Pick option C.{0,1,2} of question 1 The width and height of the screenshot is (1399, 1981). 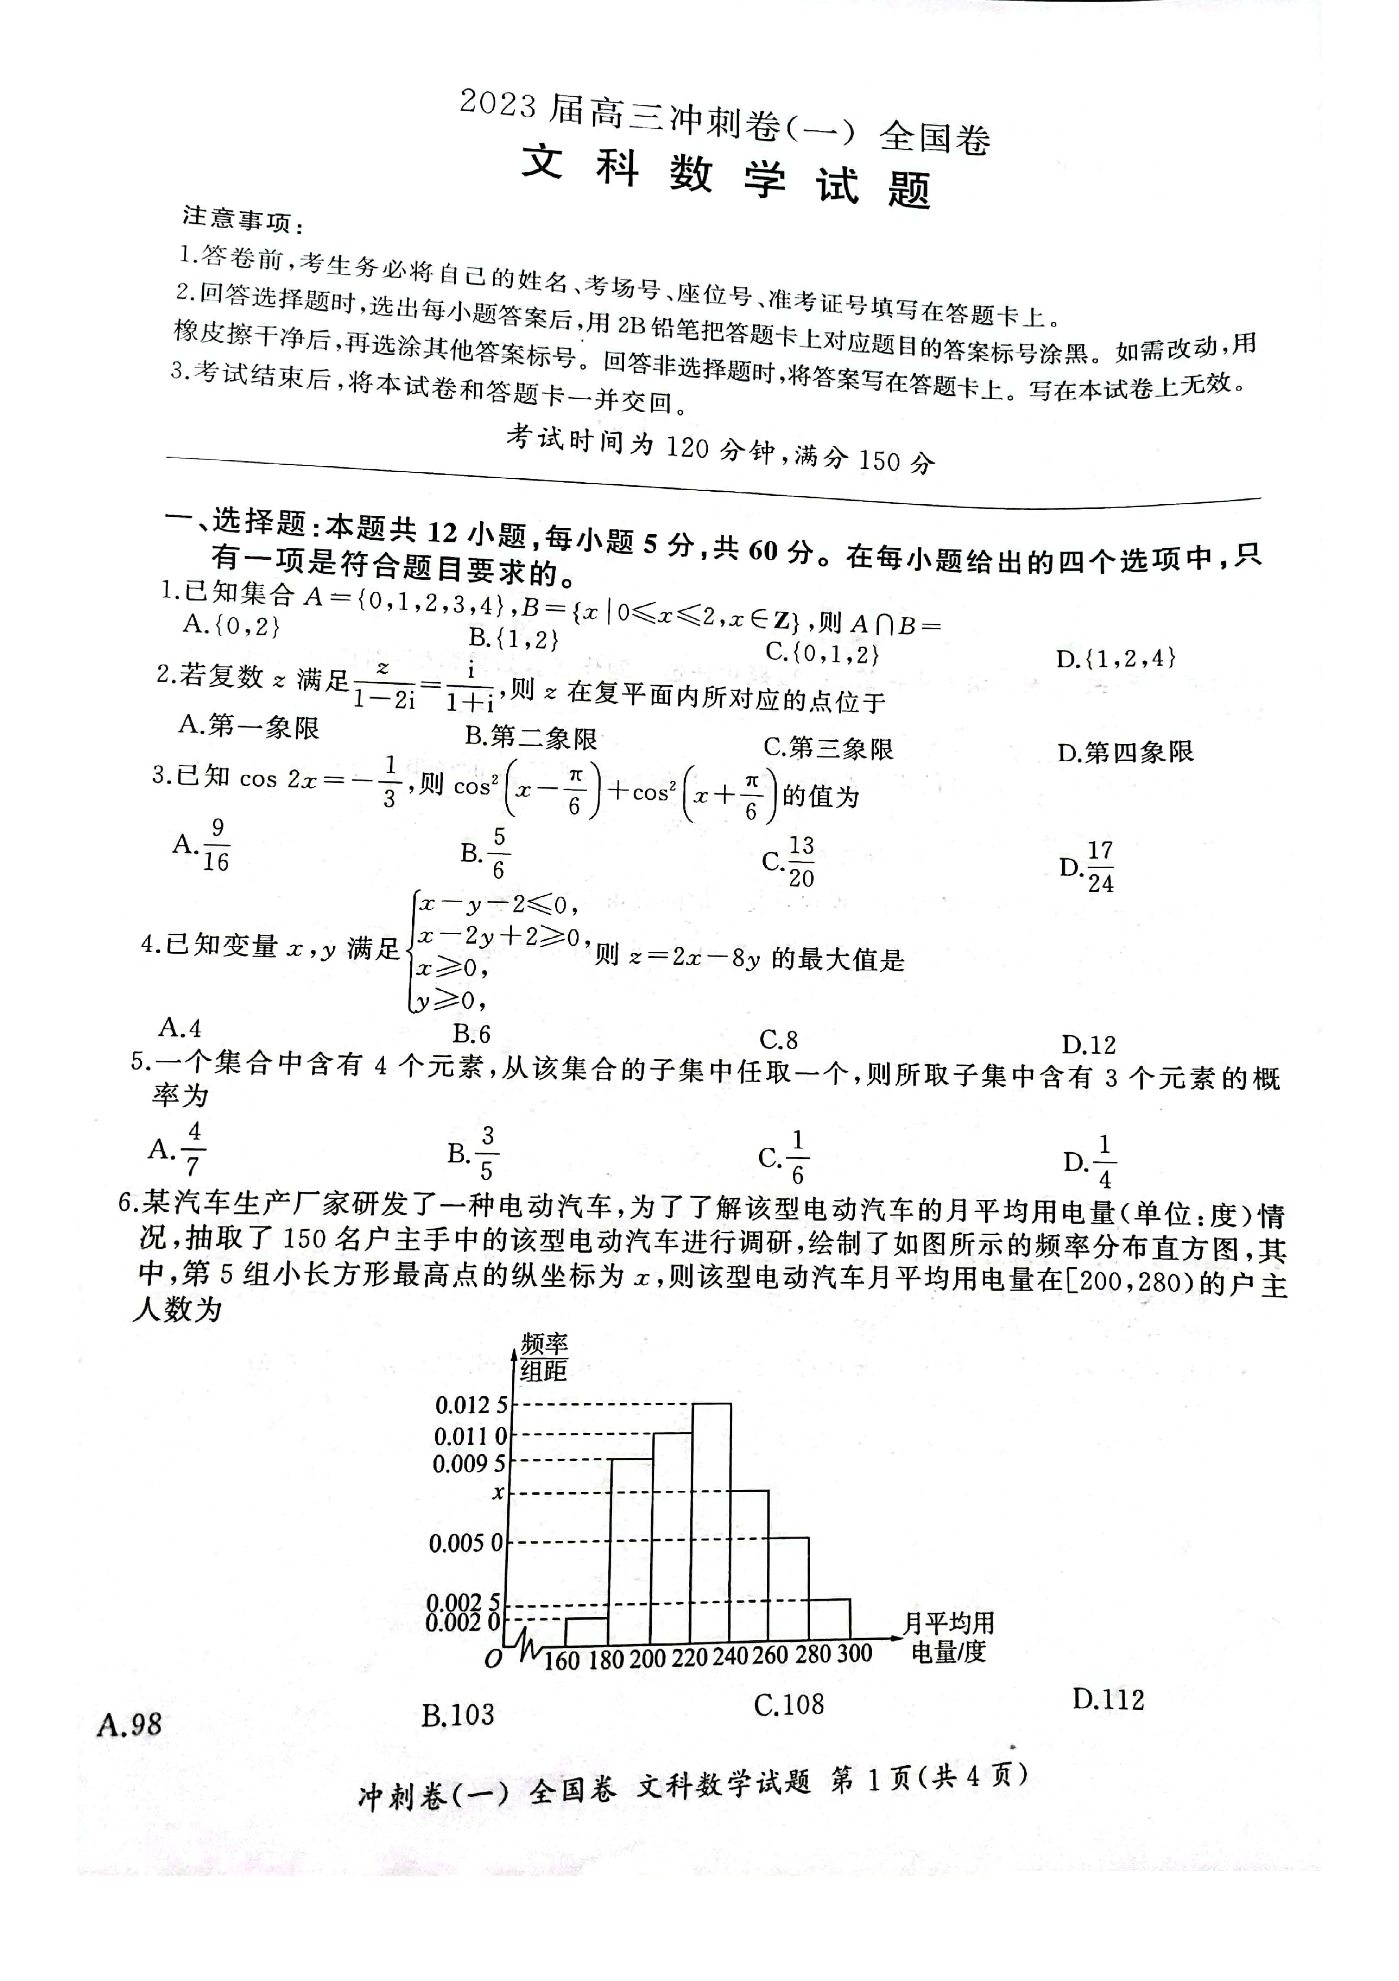822,653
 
